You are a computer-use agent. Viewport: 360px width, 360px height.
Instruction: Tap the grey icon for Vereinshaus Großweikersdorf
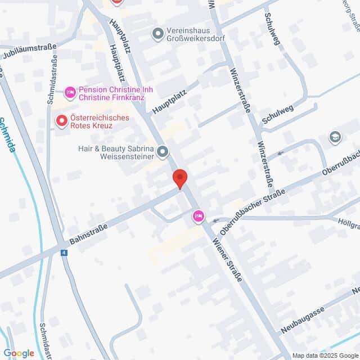pos(158,35)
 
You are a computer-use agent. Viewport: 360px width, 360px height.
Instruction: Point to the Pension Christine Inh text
pos(116,89)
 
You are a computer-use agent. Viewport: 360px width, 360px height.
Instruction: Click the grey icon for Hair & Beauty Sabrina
pos(163,151)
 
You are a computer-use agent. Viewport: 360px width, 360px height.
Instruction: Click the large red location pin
pos(179,178)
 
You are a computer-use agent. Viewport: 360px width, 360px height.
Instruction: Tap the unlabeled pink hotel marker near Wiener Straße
pos(198,216)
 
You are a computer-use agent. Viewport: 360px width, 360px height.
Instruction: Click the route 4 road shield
pos(65,253)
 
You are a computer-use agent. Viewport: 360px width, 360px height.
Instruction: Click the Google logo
pos(19,353)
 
